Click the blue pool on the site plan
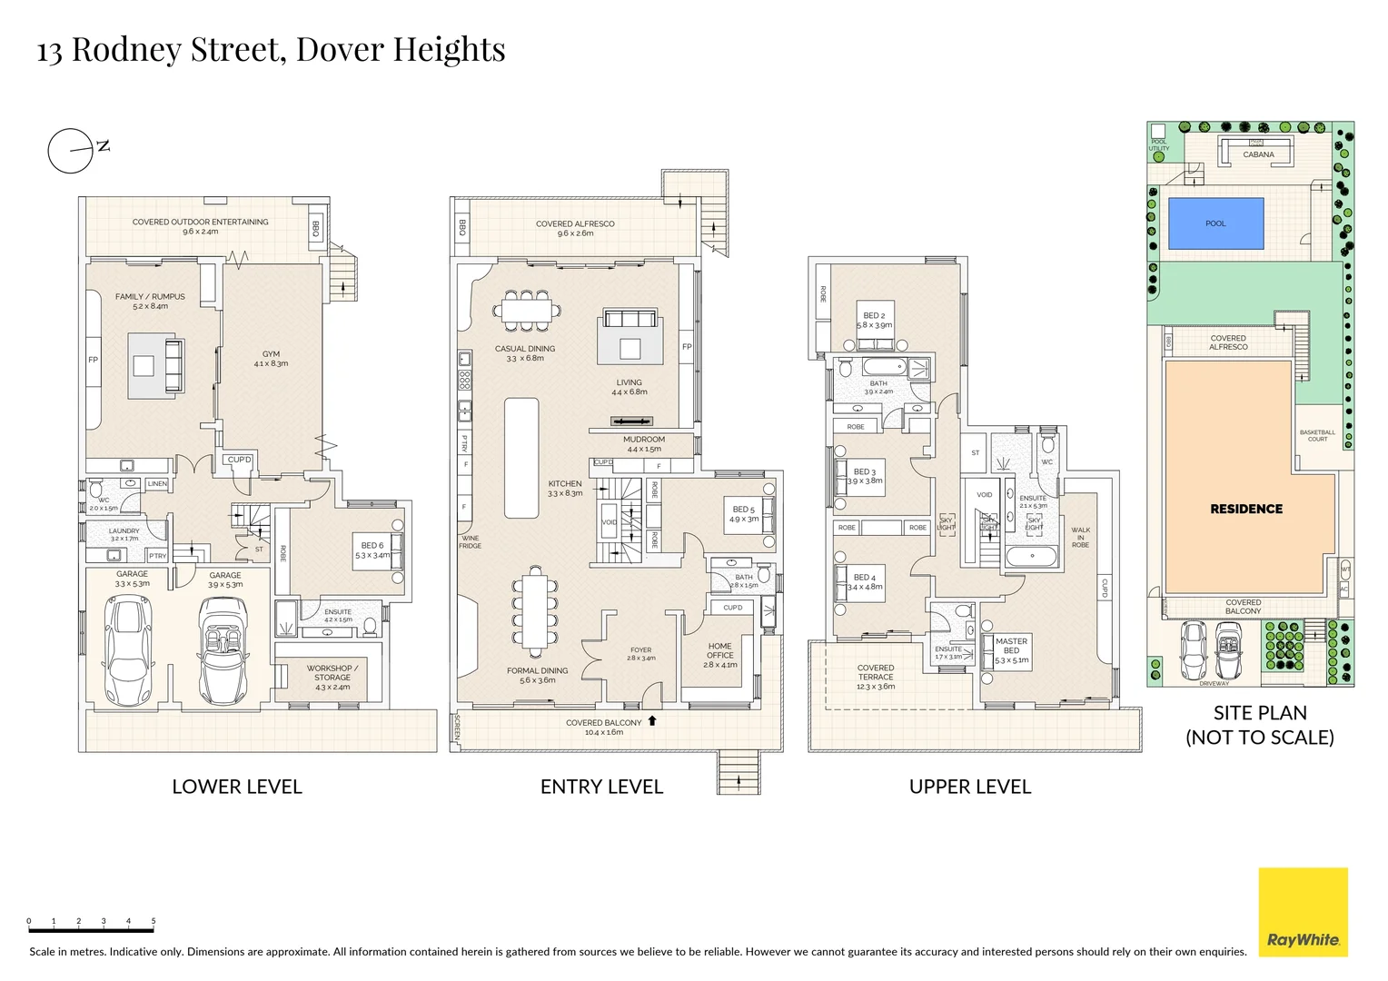(x=1215, y=223)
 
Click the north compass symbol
(x=72, y=151)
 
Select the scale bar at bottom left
(x=91, y=926)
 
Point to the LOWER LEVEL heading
(x=237, y=787)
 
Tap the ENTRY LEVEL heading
(x=601, y=787)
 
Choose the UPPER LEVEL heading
(x=970, y=787)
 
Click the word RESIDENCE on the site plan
(x=1246, y=509)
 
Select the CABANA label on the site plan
(x=1258, y=154)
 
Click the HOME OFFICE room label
(x=720, y=650)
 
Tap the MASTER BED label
(x=1011, y=646)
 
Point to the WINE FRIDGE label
(x=471, y=541)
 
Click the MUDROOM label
(x=644, y=440)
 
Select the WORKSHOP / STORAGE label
(x=332, y=672)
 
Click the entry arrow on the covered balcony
(x=651, y=721)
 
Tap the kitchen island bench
(x=521, y=457)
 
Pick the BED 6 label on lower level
(x=372, y=546)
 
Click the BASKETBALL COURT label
(x=1317, y=436)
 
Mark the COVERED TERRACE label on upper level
(x=876, y=677)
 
